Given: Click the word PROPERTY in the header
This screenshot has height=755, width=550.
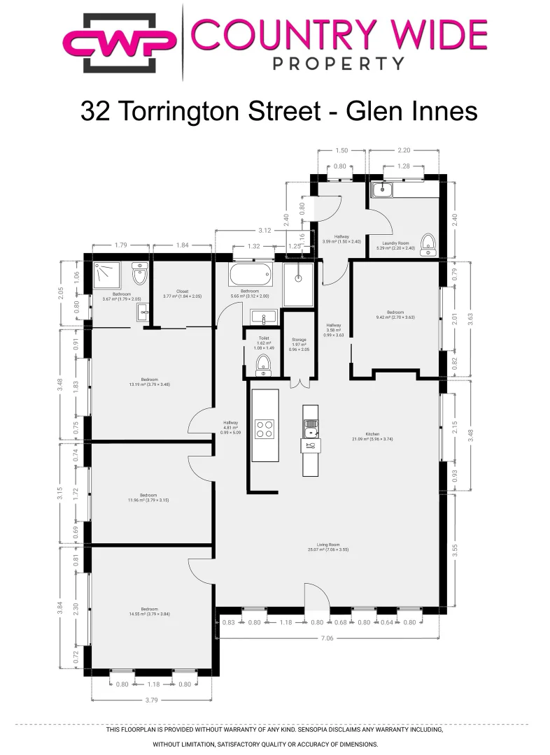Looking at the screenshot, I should [338, 64].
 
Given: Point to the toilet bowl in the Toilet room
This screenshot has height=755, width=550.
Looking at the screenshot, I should [263, 362].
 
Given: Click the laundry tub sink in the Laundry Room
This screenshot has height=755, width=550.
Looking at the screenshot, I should [383, 189].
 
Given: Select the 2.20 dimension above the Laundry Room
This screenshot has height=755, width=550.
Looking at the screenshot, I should [404, 150].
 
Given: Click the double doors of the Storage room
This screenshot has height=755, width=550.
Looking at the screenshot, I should [299, 382].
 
